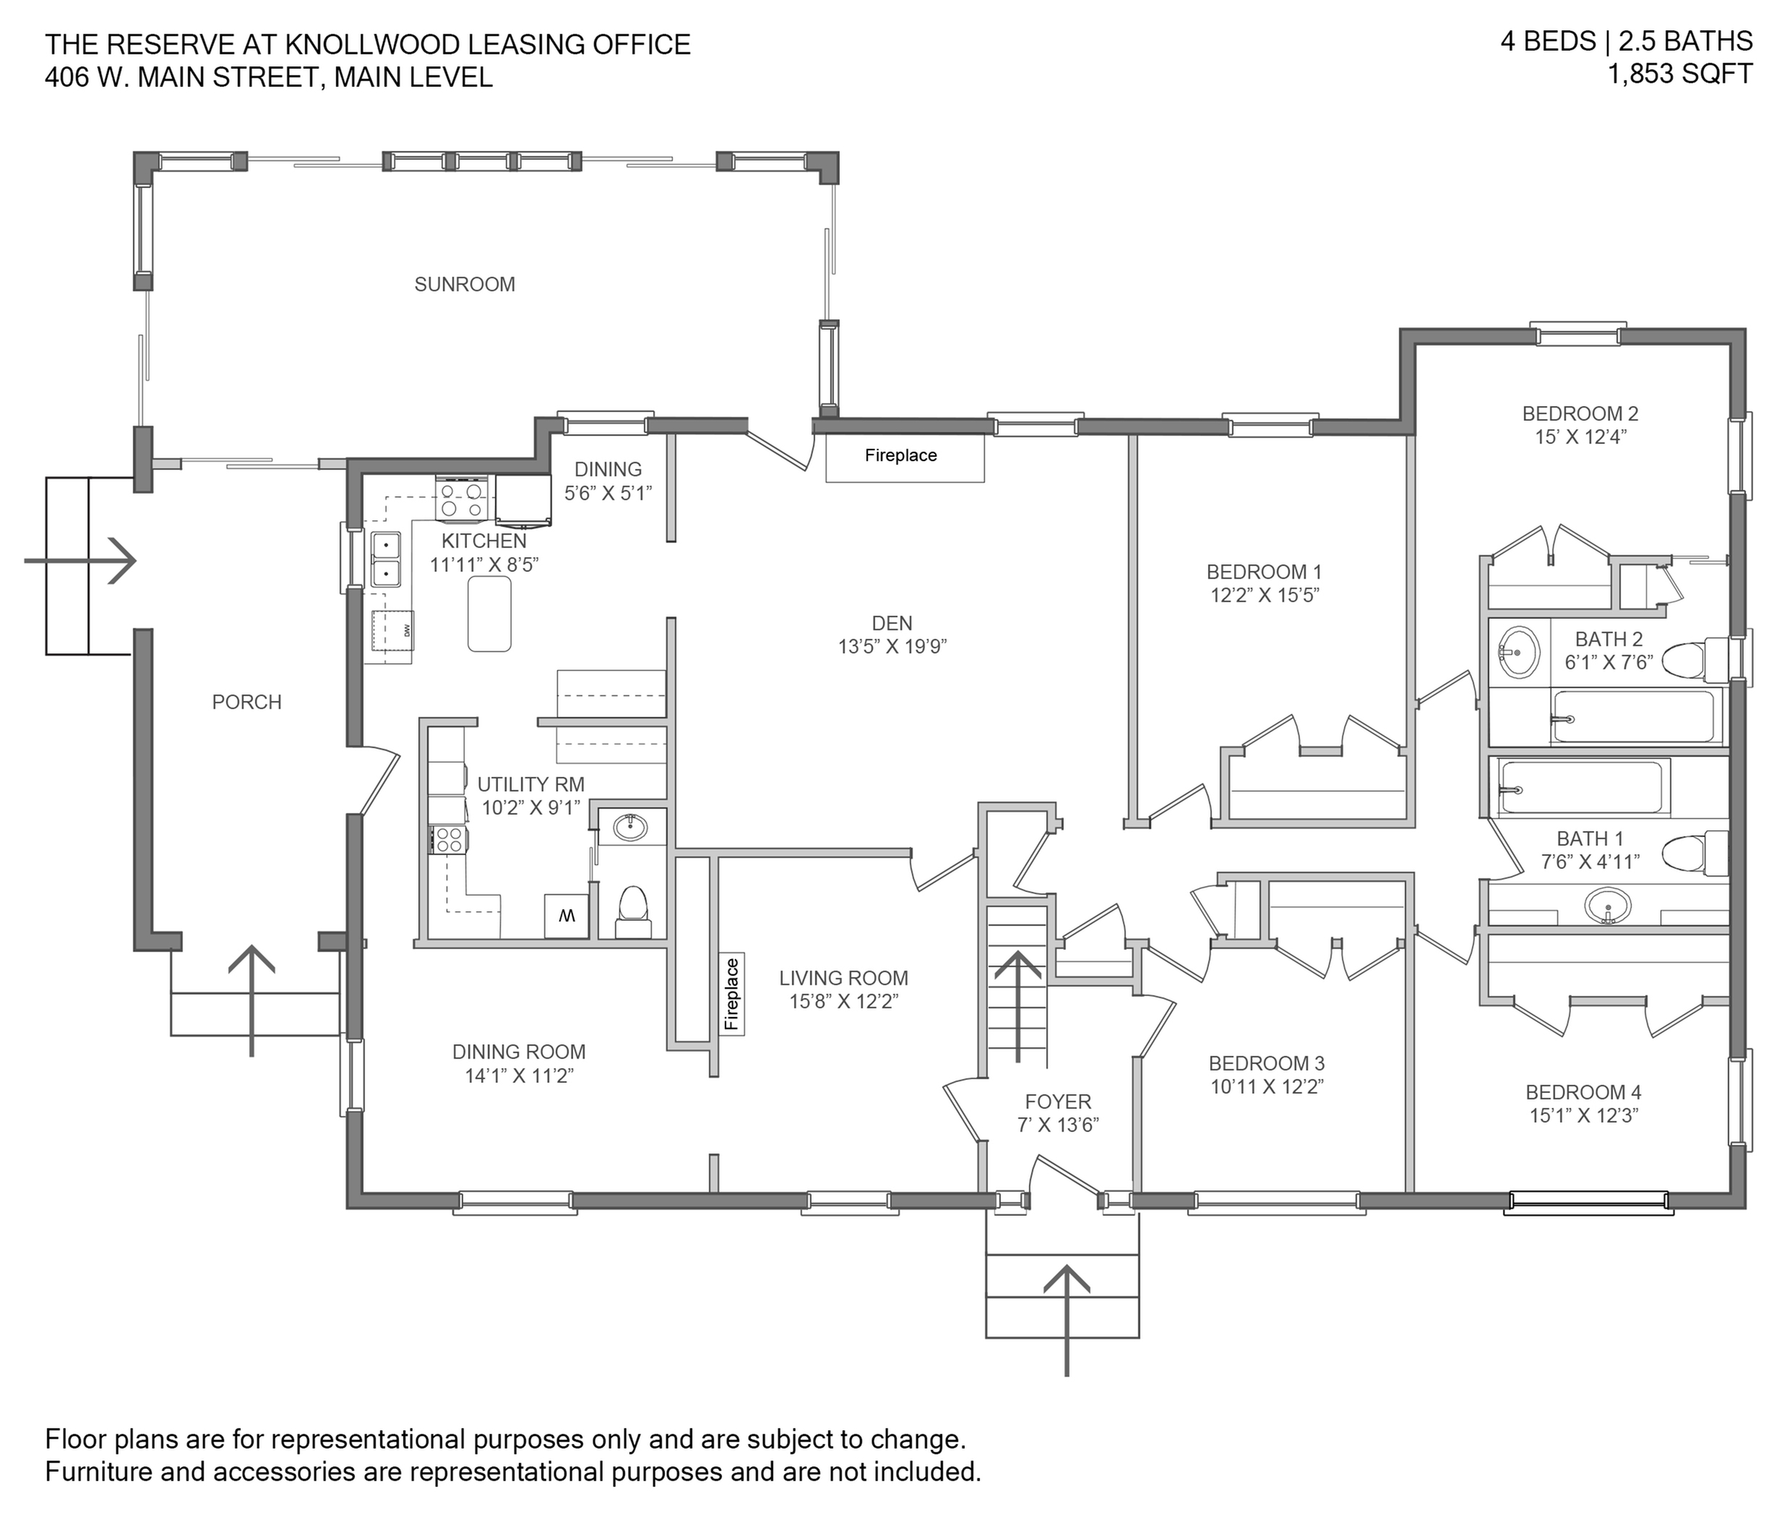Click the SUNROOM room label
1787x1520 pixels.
pyautogui.click(x=465, y=284)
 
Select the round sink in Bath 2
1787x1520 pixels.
pyautogui.click(x=1519, y=652)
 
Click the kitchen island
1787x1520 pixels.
pyautogui.click(x=489, y=614)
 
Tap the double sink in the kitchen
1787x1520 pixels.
pyautogui.click(x=385, y=560)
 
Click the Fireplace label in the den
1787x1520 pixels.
pyautogui.click(x=900, y=455)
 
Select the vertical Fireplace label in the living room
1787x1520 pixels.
pyautogui.click(x=731, y=994)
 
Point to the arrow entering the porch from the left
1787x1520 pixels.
pyautogui.click(x=79, y=561)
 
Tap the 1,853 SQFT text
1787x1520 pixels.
pyautogui.click(x=1680, y=74)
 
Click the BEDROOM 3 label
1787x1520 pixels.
pyautogui.click(x=1267, y=1063)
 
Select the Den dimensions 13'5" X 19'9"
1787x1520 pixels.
pyautogui.click(x=892, y=646)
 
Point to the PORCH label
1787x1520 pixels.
pyautogui.click(x=246, y=703)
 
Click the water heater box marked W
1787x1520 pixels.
pyautogui.click(x=566, y=916)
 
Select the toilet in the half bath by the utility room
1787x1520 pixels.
pyautogui.click(x=633, y=911)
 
